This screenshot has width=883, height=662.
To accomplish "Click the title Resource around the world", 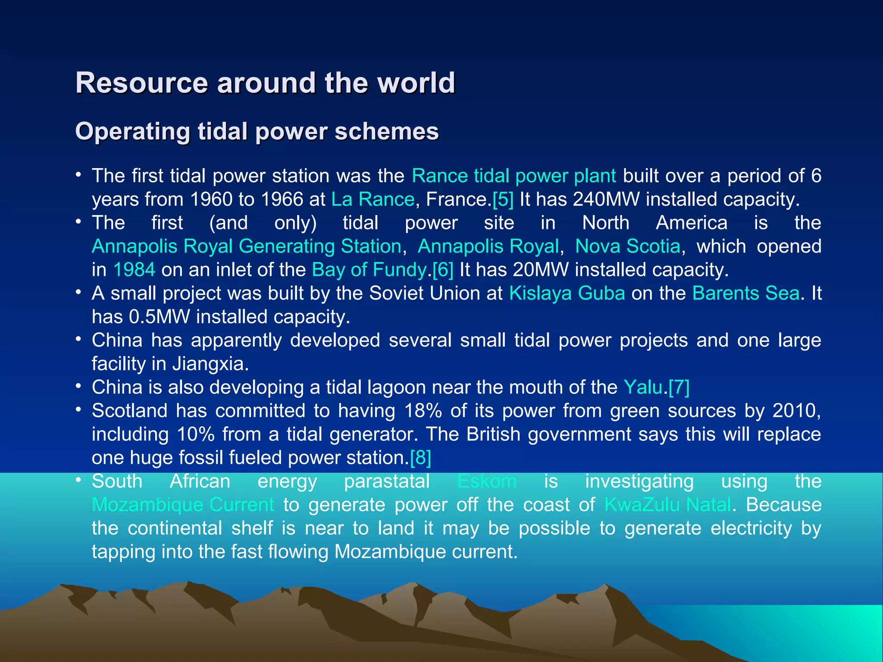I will tap(265, 82).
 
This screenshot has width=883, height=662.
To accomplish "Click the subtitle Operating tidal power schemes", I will tap(257, 131).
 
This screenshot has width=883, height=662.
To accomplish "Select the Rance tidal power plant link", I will tap(514, 176).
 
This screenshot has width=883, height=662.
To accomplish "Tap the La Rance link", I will tap(373, 199).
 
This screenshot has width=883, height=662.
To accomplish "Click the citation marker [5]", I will tap(503, 199).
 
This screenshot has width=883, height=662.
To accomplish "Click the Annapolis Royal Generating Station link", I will tap(247, 246).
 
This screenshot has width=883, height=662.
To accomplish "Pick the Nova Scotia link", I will tap(627, 246).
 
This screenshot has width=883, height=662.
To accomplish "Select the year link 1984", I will tap(134, 270).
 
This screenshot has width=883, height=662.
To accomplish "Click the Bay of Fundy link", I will tap(369, 270).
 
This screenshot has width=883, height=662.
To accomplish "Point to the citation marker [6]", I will tap(443, 270).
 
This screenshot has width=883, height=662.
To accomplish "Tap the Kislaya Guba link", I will tap(567, 293).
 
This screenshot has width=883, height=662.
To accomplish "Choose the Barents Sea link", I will tap(745, 293).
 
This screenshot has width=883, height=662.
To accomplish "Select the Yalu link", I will tap(643, 387).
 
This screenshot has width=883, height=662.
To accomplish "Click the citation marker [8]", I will tap(420, 458).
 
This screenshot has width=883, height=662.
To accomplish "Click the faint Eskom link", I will tap(487, 481).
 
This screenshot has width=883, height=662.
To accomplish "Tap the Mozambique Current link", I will tap(183, 505).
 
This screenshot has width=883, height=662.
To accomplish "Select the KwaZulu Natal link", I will tap(667, 505).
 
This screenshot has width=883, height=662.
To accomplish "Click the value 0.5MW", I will tap(159, 317).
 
